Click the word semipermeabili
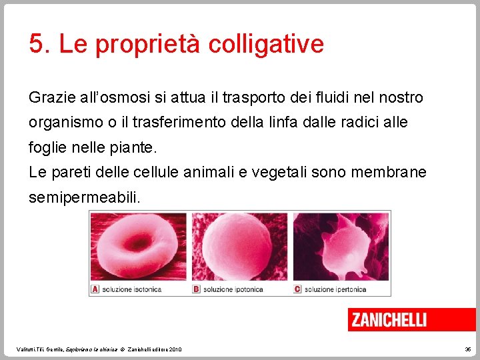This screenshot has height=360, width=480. click(85, 198)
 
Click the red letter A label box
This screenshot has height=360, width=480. click(95, 289)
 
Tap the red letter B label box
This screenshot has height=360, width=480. click(196, 289)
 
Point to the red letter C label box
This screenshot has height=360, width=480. click(297, 289)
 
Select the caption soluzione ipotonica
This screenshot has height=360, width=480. click(233, 289)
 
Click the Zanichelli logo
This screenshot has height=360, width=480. click(389, 319)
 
